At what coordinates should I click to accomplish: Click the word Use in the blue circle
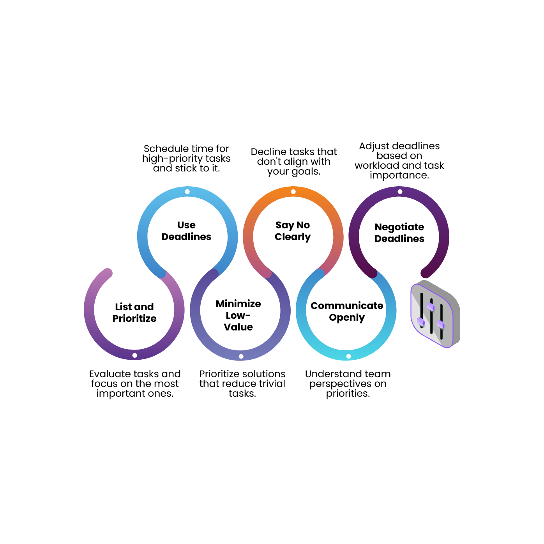pyautogui.click(x=186, y=225)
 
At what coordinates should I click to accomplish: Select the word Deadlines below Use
pyautogui.click(x=186, y=237)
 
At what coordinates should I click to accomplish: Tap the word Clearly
pyautogui.click(x=293, y=237)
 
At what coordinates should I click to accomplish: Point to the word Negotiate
pyautogui.click(x=399, y=227)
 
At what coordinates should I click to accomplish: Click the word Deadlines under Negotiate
pyautogui.click(x=399, y=239)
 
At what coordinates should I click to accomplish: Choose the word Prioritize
pyautogui.click(x=134, y=319)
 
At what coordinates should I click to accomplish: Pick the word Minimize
pyautogui.click(x=238, y=304)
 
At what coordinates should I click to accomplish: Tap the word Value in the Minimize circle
pyautogui.click(x=238, y=327)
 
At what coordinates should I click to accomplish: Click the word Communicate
pyautogui.click(x=347, y=306)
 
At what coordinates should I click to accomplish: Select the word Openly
pyautogui.click(x=347, y=318)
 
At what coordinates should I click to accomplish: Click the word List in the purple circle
pyautogui.click(x=123, y=307)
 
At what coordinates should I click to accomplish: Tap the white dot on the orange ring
pyautogui.click(x=293, y=192)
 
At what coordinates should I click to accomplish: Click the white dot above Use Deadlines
pyautogui.click(x=187, y=192)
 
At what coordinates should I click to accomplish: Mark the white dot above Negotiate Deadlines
pyautogui.click(x=400, y=192)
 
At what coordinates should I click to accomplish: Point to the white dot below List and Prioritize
pyautogui.click(x=135, y=355)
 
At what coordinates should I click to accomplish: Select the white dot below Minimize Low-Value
pyautogui.click(x=241, y=357)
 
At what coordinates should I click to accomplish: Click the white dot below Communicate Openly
pyautogui.click(x=349, y=357)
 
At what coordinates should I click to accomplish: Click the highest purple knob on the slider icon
pyautogui.click(x=431, y=306)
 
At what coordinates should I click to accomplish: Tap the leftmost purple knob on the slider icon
pyautogui.click(x=421, y=322)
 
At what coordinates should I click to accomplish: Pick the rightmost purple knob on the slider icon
pyautogui.click(x=441, y=324)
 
